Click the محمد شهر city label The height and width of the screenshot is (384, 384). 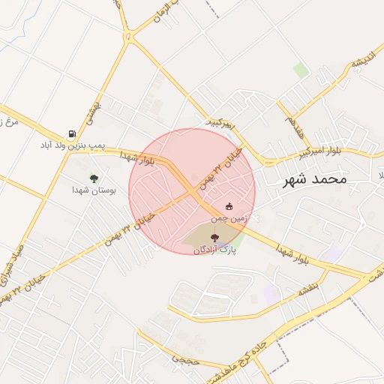coord(316,179)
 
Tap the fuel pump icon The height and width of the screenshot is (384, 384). coord(72,133)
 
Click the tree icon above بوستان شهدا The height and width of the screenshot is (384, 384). coord(94,178)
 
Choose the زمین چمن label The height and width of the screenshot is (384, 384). coord(229,217)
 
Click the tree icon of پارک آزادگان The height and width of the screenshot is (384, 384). coord(215,238)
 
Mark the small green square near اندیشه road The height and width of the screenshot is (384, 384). coord(301,70)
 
